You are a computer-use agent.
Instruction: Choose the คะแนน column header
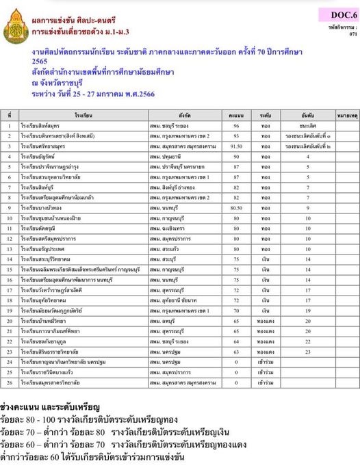[x=237, y=116]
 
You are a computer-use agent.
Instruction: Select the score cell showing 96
[x=237, y=127]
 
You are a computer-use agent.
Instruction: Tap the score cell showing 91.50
[x=237, y=146]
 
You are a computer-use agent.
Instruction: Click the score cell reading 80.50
[x=237, y=207]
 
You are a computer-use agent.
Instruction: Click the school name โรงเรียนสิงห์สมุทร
[x=45, y=127]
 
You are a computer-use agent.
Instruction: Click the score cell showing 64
[x=237, y=341]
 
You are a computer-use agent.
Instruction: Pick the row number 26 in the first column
[x=8, y=380]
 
